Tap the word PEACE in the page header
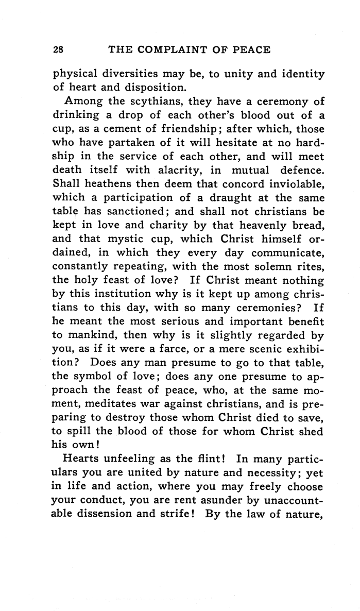[249, 50]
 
